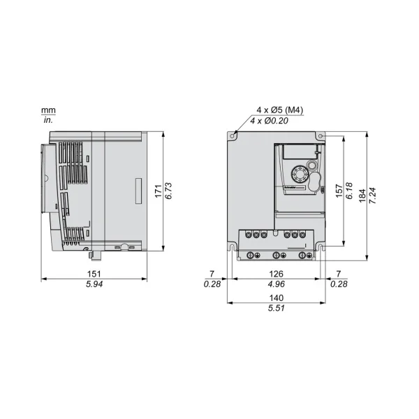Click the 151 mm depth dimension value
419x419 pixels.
tap(94, 274)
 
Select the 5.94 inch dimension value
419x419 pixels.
tap(94, 284)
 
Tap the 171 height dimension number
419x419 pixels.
tap(159, 191)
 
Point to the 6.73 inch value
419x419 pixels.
tap(168, 191)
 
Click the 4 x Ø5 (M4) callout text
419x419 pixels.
tap(280, 110)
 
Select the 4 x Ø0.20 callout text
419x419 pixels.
tap(270, 121)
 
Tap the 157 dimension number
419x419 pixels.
tap(339, 191)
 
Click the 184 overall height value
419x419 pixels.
tap(362, 196)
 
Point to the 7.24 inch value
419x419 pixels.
tap(372, 196)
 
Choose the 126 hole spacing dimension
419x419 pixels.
tap(276, 274)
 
